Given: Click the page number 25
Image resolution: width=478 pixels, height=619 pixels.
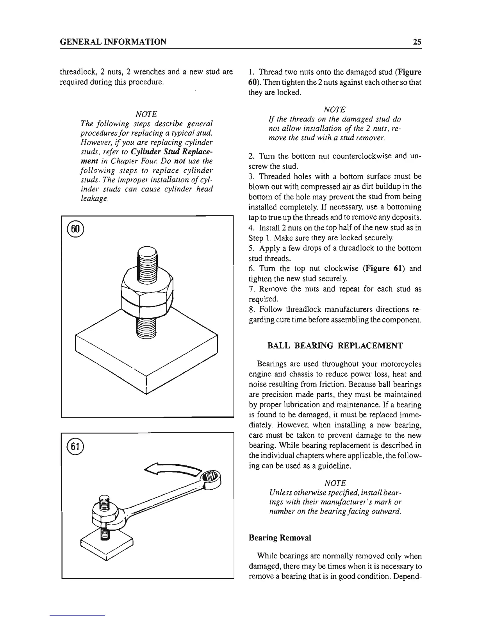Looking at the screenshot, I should coord(417,42).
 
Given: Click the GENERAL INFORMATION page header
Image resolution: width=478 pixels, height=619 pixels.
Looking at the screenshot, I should coord(113,42).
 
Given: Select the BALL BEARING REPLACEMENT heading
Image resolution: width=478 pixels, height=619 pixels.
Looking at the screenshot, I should coord(335,345).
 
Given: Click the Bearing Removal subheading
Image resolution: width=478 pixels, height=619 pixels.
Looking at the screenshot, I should coord(280,538).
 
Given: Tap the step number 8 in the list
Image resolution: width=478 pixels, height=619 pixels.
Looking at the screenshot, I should coord(251,309).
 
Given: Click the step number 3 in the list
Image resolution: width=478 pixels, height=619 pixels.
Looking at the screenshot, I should coord(251,177).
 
